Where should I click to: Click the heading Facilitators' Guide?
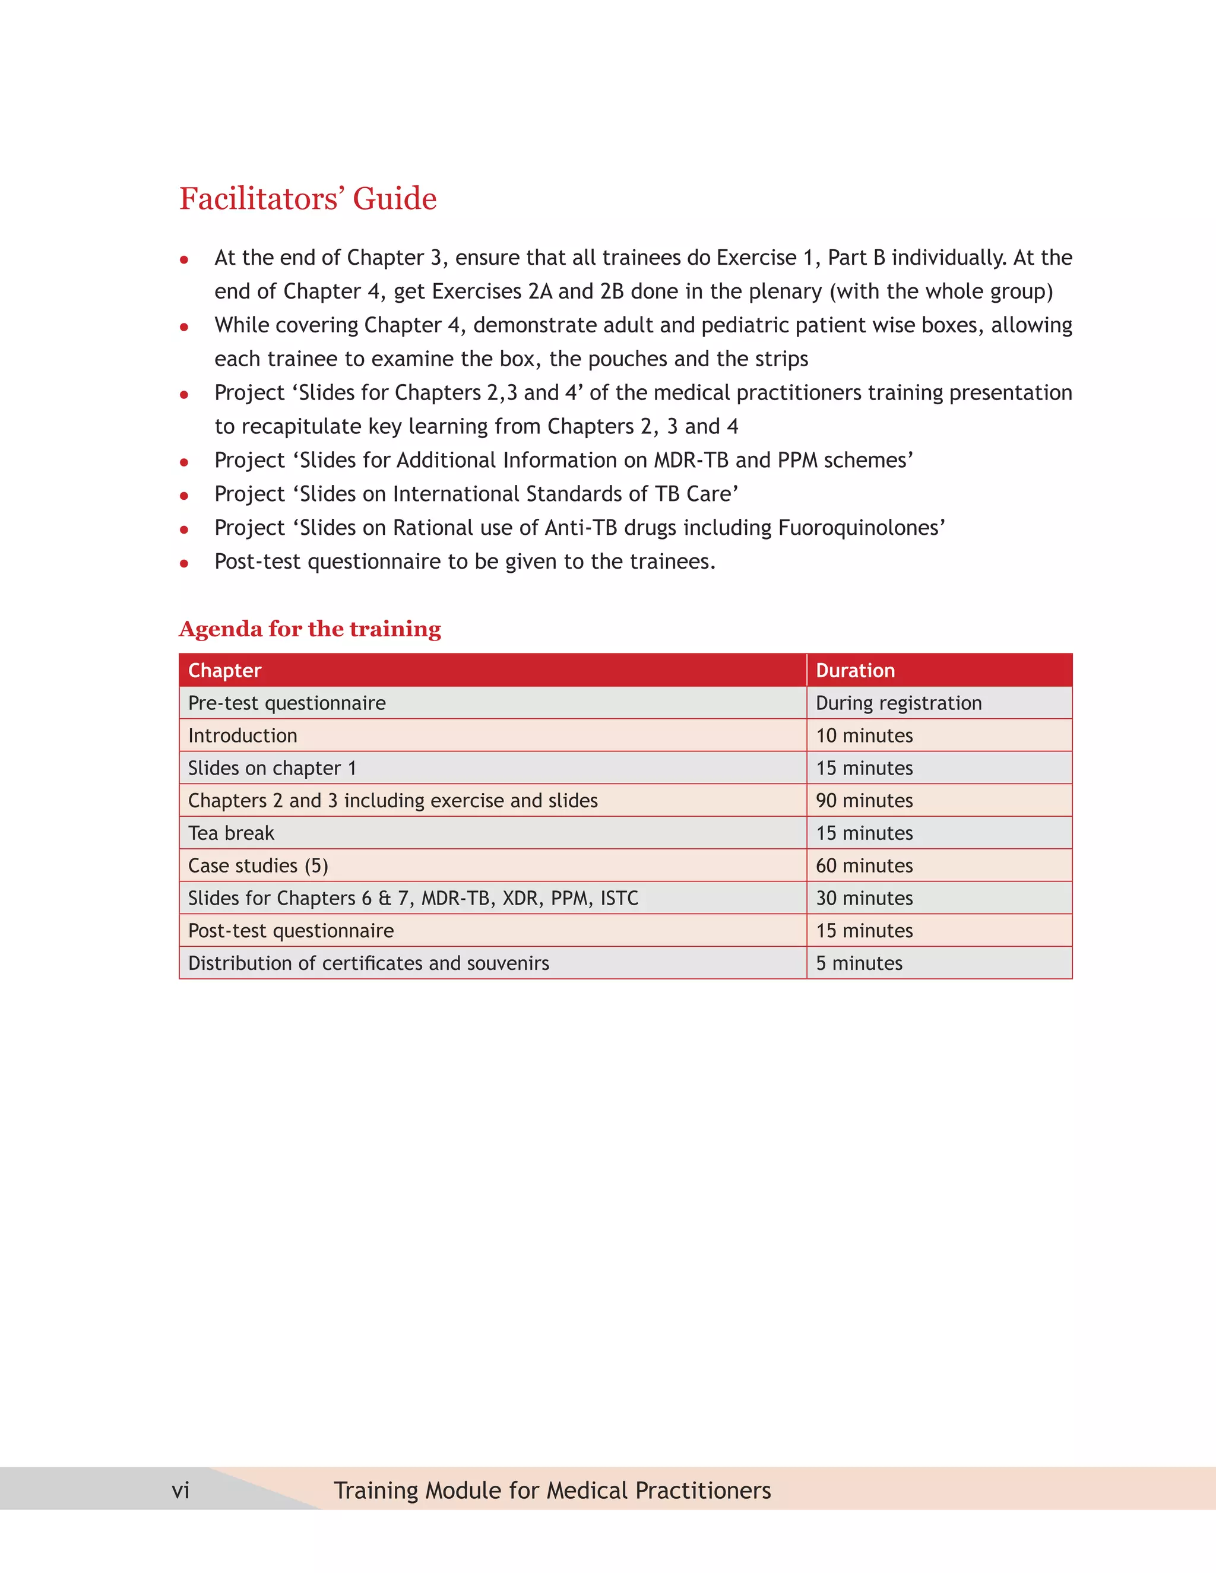tap(308, 199)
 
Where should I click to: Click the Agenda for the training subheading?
tap(310, 629)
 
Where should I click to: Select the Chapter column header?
tap(225, 671)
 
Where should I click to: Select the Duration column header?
tap(855, 671)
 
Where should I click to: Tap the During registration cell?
tap(898, 703)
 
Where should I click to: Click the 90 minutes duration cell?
tap(864, 800)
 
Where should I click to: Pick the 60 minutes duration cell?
tap(864, 865)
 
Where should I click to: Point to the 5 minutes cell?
tap(859, 963)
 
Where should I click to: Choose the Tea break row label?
tap(231, 833)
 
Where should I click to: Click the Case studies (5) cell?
tap(258, 865)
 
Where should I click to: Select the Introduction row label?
tap(243, 735)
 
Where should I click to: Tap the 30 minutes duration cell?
tap(864, 898)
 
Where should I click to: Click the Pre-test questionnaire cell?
tap(287, 703)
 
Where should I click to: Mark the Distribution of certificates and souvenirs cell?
tap(368, 963)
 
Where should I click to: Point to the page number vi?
tap(181, 1490)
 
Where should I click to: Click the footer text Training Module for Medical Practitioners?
tap(552, 1490)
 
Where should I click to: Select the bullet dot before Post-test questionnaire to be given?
tap(185, 563)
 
